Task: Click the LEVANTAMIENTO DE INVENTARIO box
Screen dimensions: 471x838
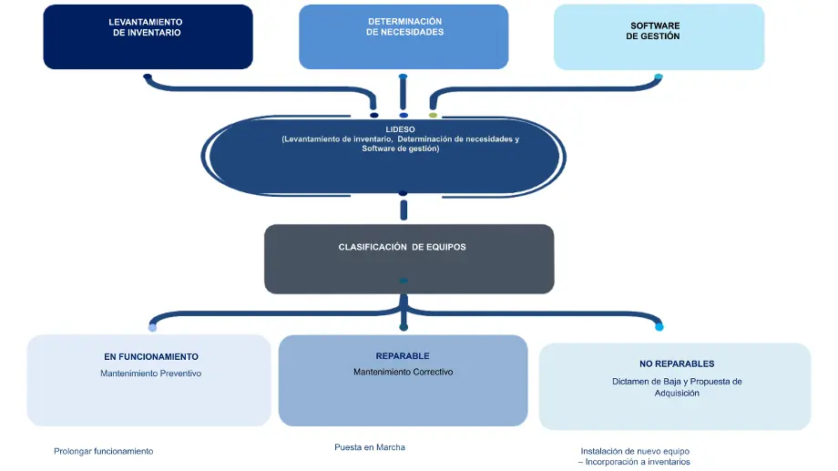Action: [148, 36]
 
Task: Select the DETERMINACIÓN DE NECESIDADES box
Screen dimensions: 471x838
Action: [404, 36]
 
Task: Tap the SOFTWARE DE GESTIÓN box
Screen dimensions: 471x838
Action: [659, 36]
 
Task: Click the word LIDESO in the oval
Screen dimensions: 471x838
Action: [400, 129]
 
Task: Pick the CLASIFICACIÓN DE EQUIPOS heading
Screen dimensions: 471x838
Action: [402, 247]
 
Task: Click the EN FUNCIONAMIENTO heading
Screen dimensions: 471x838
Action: [151, 357]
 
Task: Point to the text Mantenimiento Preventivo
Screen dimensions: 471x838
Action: [151, 374]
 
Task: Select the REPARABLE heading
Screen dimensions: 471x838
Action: [402, 356]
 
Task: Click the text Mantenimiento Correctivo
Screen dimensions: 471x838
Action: [403, 372]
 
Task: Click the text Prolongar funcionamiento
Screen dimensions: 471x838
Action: [104, 451]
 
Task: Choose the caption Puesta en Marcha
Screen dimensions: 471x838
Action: [370, 447]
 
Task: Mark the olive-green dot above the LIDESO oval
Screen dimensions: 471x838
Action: [434, 116]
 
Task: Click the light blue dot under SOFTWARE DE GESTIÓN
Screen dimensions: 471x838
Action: [658, 77]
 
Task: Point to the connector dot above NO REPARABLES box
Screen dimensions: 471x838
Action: [659, 327]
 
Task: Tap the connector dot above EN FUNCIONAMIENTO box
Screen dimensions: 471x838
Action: [152, 327]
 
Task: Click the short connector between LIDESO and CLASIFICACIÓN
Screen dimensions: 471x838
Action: [404, 210]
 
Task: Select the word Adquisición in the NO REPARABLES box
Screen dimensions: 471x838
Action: [677, 394]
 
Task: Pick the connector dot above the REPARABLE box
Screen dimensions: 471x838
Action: [404, 326]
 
